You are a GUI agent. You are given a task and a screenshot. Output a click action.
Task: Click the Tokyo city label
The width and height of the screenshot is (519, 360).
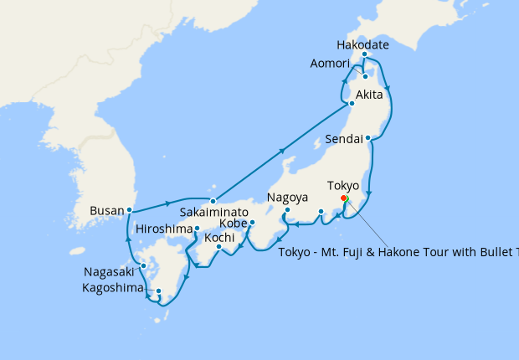[343, 186]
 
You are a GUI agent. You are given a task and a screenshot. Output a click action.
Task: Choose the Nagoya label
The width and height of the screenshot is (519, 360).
[288, 198]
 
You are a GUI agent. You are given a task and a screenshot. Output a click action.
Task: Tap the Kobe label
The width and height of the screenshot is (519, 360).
[234, 224]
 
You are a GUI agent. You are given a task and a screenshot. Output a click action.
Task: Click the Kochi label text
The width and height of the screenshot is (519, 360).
[219, 238]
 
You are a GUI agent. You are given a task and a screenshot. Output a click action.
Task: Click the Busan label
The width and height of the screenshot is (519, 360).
[107, 211]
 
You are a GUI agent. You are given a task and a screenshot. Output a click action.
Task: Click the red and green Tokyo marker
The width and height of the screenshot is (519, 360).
[345, 199]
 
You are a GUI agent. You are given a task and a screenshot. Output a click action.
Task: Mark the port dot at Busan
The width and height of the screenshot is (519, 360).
[129, 209]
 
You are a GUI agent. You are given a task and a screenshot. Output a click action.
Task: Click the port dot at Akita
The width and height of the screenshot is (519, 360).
[352, 104]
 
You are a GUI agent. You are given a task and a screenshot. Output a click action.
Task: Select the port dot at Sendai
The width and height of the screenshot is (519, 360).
[367, 137]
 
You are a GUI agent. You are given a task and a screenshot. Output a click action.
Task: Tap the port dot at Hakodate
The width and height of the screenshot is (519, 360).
[365, 54]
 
